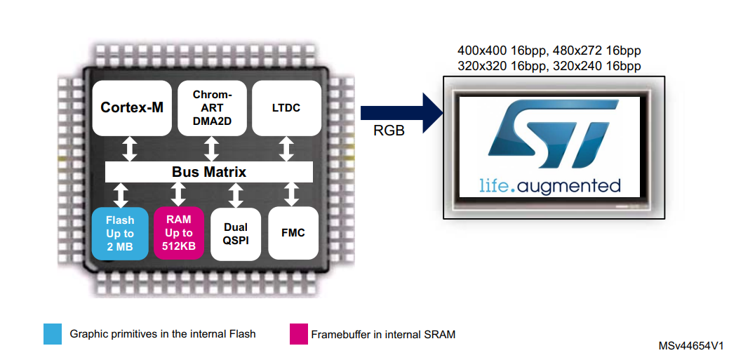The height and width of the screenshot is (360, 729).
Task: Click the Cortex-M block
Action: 132,108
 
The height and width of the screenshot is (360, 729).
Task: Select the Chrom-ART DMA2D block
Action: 211,108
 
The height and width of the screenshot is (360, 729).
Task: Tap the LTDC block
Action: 286,108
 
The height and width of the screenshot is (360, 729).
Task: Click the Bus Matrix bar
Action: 209,171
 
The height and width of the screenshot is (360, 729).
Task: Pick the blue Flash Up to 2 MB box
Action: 120,233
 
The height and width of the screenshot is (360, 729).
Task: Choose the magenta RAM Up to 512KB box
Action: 179,233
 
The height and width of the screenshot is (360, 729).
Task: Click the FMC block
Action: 293,233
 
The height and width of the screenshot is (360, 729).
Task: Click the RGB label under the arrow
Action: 390,131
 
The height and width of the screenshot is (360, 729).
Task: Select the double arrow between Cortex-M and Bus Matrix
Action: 131,149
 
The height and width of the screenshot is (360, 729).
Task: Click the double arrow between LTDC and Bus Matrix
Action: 286,149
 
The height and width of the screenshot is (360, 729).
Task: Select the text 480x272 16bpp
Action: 596,51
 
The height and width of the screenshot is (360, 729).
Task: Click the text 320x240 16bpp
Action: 596,67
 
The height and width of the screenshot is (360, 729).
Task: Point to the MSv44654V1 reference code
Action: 690,347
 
